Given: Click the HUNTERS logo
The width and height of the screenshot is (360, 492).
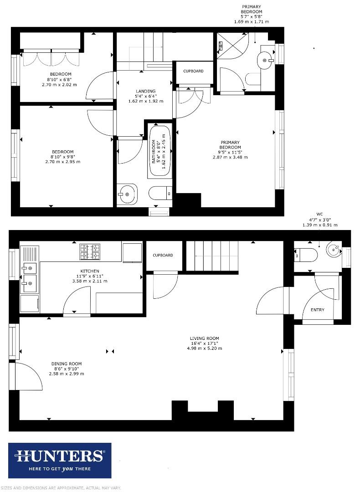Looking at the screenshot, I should coord(60,460).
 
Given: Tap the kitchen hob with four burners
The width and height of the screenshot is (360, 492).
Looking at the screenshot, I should coord(90,252).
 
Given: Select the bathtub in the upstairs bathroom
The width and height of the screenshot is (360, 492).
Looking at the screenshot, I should coord(159,152).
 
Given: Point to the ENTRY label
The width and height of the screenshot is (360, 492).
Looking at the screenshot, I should coord(318,310).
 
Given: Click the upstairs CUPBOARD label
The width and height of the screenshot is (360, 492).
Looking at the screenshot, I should coord(193,71).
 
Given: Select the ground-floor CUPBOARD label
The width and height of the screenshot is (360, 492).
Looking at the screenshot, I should coord(163,255).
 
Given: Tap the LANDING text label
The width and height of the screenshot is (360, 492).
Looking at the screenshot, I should coord(145,91).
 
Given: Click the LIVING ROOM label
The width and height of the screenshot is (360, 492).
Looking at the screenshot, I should coord(205,338).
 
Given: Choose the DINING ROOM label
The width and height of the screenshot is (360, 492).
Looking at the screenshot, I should coord(67,364).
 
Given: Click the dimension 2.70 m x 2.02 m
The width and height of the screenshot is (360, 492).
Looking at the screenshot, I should coord(59,85).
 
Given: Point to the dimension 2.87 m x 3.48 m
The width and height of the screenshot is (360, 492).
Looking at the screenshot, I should coord(230,157).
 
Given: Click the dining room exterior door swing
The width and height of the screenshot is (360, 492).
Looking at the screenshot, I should coord(29,376).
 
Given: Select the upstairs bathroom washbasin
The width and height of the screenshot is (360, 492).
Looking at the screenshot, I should coord(127,194).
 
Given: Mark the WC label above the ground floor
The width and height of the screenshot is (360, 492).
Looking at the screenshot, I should coord(319,214).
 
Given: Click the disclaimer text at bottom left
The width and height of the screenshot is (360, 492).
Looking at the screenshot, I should coord(61,488).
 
